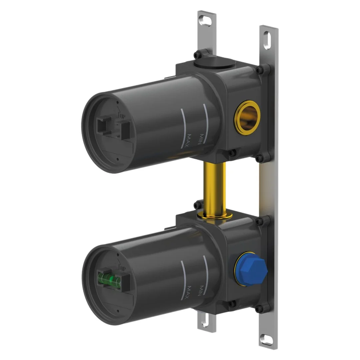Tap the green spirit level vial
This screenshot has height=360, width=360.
pyautogui.click(x=109, y=279)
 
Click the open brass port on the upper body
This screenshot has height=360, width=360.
pyautogui.click(x=247, y=118)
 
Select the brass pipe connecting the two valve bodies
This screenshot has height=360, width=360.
pyautogui.click(x=214, y=189)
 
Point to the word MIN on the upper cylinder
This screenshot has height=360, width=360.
pyautogui.click(x=200, y=139)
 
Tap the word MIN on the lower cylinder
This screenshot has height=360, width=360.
pyautogui.click(x=200, y=291)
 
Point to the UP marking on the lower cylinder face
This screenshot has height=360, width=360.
pyautogui.click(x=122, y=267)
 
